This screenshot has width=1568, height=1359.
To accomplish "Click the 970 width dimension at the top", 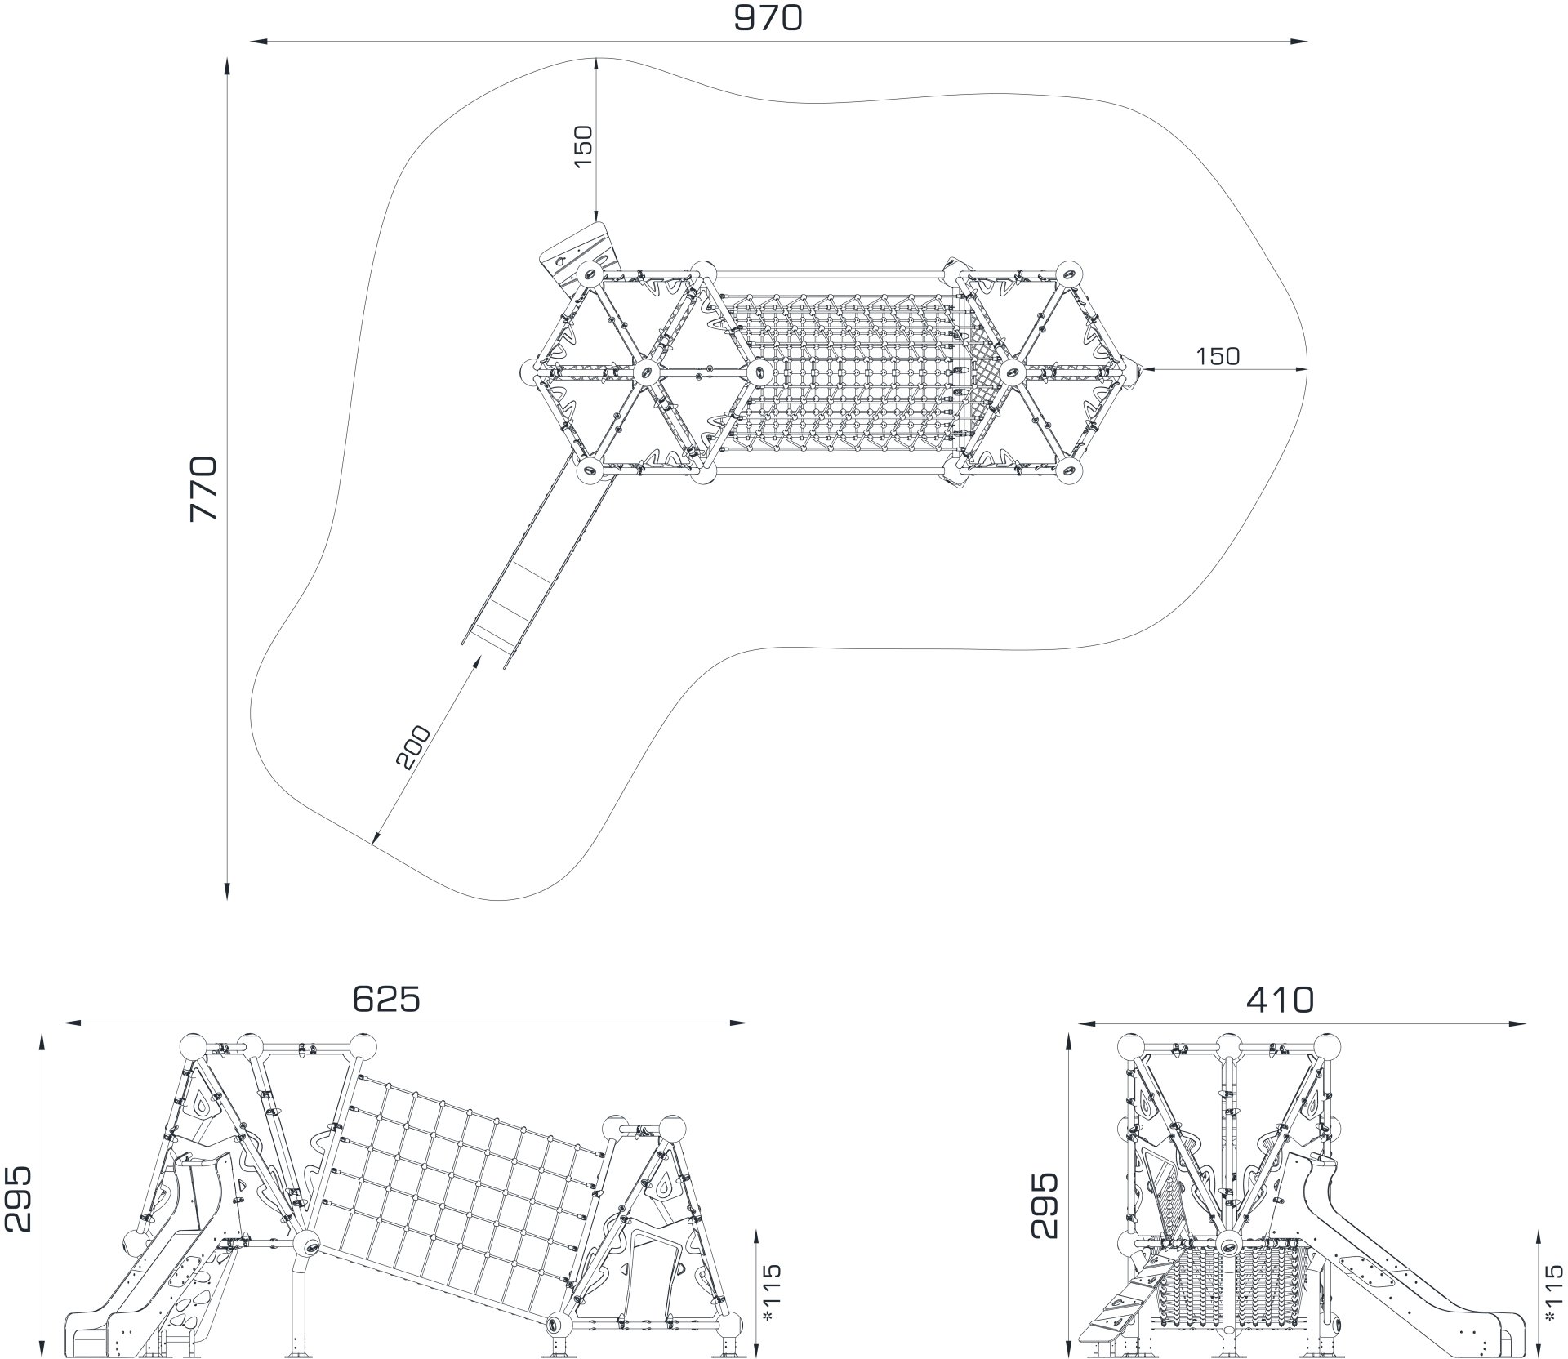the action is [768, 18].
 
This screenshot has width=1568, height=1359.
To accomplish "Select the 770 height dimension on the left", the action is [203, 488].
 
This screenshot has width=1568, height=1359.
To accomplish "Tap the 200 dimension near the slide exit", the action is [412, 746].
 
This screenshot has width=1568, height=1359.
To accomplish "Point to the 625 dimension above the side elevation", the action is [385, 999].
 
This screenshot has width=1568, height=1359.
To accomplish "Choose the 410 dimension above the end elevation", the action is [1280, 999].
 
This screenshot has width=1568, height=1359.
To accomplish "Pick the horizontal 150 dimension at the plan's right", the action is [1218, 356].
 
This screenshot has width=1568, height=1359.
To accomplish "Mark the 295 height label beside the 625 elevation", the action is [17, 1198].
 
